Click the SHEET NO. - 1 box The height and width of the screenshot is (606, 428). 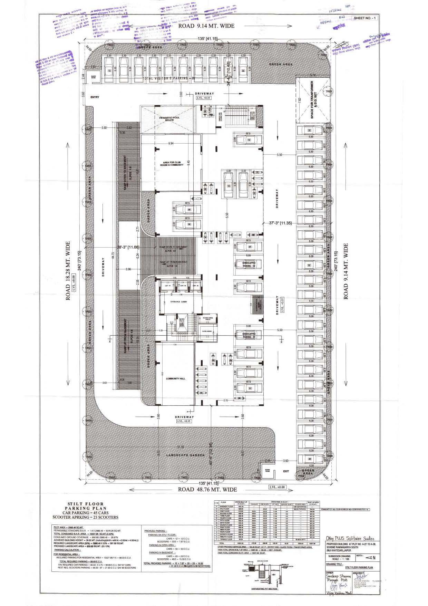coord(365,18)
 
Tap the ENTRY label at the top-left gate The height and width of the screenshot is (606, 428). coord(95,97)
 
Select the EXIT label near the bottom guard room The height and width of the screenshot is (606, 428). coord(286,471)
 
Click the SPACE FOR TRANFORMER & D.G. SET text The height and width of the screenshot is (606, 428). coord(313,100)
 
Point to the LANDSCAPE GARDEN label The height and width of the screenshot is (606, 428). coord(181,455)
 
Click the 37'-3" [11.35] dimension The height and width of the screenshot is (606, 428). coord(280,223)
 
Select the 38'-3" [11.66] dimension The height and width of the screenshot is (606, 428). coord(128,247)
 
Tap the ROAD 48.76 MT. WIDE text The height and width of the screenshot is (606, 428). coord(207,489)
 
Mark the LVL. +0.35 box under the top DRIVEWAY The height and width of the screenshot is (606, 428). coord(203,98)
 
